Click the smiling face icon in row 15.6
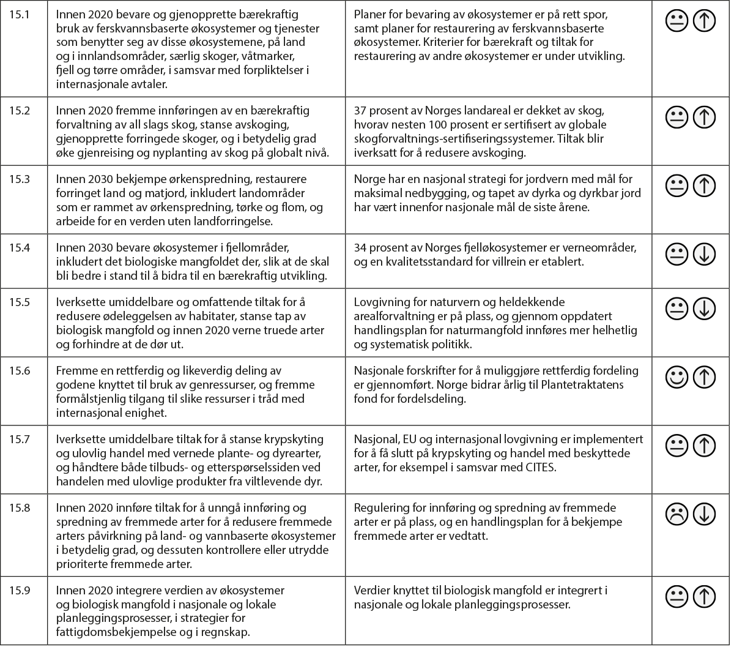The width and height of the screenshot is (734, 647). click(x=677, y=376)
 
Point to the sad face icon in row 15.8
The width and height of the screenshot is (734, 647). click(x=677, y=514)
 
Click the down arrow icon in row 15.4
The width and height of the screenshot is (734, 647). click(x=705, y=253)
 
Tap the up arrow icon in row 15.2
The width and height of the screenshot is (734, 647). click(x=705, y=116)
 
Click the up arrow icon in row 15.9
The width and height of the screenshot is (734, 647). click(x=705, y=596)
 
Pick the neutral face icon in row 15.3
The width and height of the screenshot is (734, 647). click(x=677, y=185)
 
